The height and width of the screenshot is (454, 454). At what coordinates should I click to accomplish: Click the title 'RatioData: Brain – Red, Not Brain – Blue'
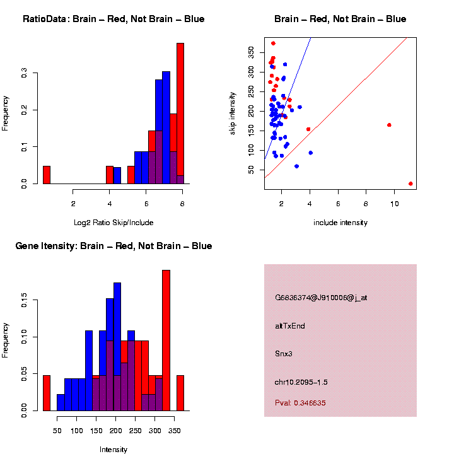(x=113, y=19)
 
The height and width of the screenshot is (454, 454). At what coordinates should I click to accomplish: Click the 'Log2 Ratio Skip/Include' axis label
(x=113, y=222)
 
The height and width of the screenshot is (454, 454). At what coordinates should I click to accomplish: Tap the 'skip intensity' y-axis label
(x=233, y=113)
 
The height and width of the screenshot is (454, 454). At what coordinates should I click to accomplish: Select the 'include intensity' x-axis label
(x=340, y=222)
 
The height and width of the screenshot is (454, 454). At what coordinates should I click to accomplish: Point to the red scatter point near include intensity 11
(x=410, y=183)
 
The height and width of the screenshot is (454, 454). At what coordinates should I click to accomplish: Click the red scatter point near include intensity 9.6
(x=389, y=125)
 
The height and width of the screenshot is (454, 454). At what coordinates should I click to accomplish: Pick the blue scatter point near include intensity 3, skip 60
(x=296, y=166)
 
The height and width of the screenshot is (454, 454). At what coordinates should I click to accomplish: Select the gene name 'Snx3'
(x=284, y=354)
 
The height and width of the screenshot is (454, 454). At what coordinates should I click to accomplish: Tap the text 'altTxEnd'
(x=290, y=326)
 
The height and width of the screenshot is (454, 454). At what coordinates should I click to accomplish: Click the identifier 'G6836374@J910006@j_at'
(x=320, y=298)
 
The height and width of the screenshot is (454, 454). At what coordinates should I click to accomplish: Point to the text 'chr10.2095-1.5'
(x=301, y=382)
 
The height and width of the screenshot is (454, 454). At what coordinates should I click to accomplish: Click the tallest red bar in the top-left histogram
(x=180, y=113)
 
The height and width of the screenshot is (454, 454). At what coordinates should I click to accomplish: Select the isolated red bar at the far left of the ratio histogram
(x=46, y=175)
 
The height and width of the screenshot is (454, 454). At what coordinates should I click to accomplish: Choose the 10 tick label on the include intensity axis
(x=394, y=204)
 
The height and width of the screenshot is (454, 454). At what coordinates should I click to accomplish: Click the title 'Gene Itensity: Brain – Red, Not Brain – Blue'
(x=113, y=246)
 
